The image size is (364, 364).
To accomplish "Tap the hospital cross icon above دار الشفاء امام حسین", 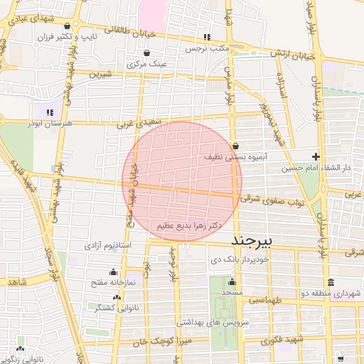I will point(316,156).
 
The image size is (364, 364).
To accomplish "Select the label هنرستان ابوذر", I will point(52,124).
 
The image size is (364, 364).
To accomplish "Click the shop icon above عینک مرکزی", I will point(146,53).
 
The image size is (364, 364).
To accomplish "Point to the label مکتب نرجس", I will point(206,48).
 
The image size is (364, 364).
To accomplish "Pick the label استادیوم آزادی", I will point(108,245).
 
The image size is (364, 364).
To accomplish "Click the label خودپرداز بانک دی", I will point(255,261).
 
